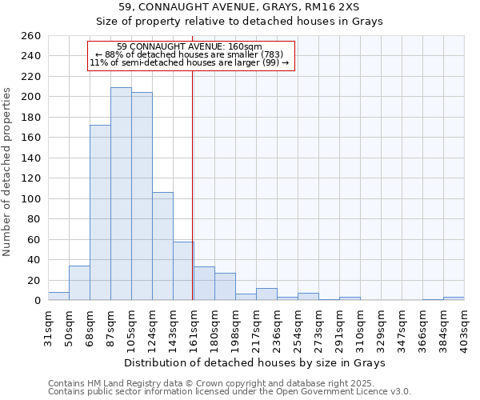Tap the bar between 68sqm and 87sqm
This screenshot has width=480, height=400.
100,212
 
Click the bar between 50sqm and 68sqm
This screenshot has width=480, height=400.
79,283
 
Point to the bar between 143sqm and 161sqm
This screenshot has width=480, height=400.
183,271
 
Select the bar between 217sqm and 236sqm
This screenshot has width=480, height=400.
266,294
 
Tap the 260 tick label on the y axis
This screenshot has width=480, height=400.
31,36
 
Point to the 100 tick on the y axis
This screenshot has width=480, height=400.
31,198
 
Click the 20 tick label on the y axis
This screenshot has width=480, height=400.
34,280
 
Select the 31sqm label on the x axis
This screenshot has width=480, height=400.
49,326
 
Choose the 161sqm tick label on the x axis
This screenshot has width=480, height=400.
194,328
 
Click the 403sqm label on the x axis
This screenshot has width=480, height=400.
465,328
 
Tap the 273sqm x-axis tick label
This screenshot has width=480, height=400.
319,328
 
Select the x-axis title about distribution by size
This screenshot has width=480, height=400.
256,363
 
